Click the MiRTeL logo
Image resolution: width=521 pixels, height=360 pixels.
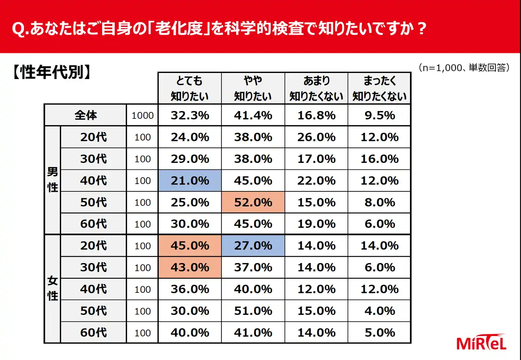point(482,343)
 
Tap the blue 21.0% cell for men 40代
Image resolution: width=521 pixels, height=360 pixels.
point(190,181)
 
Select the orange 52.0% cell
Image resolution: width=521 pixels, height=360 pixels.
point(253,202)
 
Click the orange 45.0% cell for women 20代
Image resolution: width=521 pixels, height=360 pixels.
point(190,246)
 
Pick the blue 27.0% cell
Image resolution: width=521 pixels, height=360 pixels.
point(253,246)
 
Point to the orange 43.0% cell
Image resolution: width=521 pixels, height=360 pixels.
point(190,268)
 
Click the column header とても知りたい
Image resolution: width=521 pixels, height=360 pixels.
point(190,88)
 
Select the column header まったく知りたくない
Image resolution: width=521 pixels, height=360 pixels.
point(379,88)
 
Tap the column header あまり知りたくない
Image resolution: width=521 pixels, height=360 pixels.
point(316,88)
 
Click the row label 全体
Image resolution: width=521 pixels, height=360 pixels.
point(85,115)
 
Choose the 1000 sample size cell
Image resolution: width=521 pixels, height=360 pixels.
point(142,116)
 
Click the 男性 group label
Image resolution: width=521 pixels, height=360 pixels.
point(53,180)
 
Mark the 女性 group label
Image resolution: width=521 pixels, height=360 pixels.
point(53,289)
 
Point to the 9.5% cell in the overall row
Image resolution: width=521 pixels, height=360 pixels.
point(379,116)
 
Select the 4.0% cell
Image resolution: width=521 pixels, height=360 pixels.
point(379,311)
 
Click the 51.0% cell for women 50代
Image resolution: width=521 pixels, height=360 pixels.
point(253,311)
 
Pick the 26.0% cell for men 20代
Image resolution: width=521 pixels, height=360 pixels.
point(316,137)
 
